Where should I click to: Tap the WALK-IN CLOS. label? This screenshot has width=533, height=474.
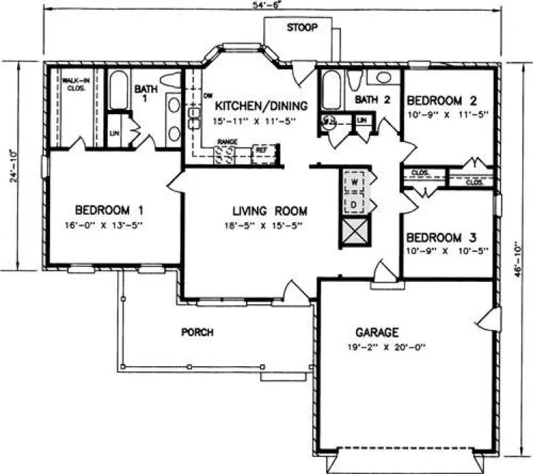[x=74, y=84]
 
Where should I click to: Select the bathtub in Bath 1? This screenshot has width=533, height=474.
[x=118, y=90]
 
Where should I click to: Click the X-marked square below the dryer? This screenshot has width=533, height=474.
[x=355, y=233]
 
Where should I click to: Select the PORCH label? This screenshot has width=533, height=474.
[x=198, y=333]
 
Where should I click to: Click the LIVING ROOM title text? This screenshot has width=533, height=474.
[x=269, y=211]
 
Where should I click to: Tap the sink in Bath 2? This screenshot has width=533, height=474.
[x=383, y=77]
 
